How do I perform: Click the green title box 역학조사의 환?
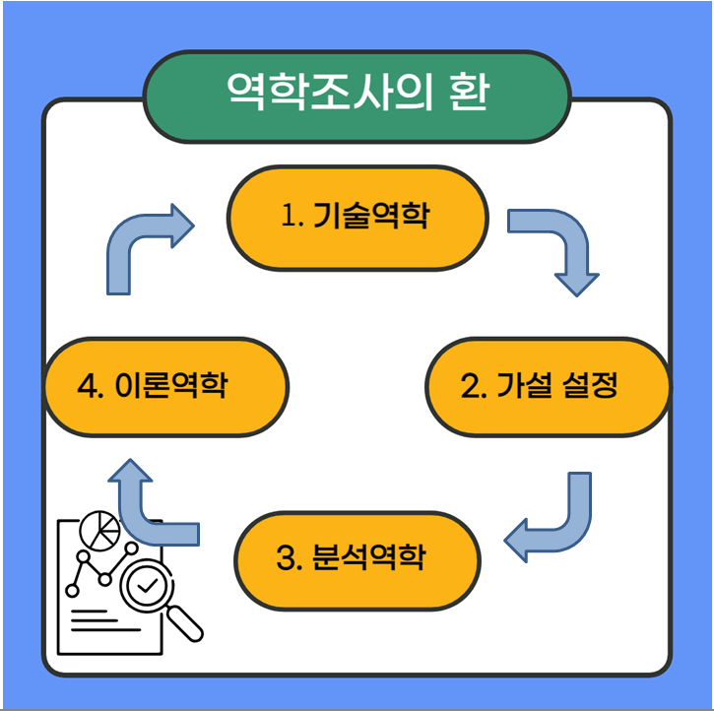click(x=357, y=95)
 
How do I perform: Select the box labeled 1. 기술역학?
click(x=357, y=218)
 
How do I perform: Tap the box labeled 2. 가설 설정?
click(x=547, y=386)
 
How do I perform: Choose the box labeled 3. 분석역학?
click(x=357, y=559)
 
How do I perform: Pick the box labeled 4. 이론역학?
click(x=166, y=386)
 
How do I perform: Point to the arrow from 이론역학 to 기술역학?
click(x=138, y=246)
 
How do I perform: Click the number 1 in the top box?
click(x=289, y=217)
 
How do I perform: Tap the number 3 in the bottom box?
click(x=287, y=559)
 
